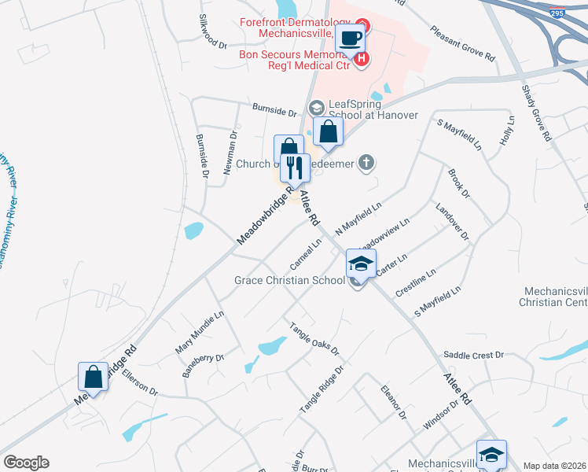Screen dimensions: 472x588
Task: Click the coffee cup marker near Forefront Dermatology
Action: coord(349,37)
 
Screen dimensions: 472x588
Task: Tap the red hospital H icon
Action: coord(362,59)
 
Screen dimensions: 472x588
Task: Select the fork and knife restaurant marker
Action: coord(296,168)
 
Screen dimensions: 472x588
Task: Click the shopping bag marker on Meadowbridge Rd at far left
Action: coord(94,377)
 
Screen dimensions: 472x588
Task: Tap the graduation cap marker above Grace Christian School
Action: coord(361,264)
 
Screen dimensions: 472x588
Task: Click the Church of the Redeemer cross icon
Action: coord(365,163)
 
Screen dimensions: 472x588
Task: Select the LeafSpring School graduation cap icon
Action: coord(317,107)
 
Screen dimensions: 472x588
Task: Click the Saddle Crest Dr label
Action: coord(473,356)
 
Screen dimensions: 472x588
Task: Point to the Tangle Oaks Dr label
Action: coord(314,338)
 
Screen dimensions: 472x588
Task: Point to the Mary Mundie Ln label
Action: coord(200,330)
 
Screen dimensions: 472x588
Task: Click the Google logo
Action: coord(25,463)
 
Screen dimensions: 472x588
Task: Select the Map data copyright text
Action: coord(554,466)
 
